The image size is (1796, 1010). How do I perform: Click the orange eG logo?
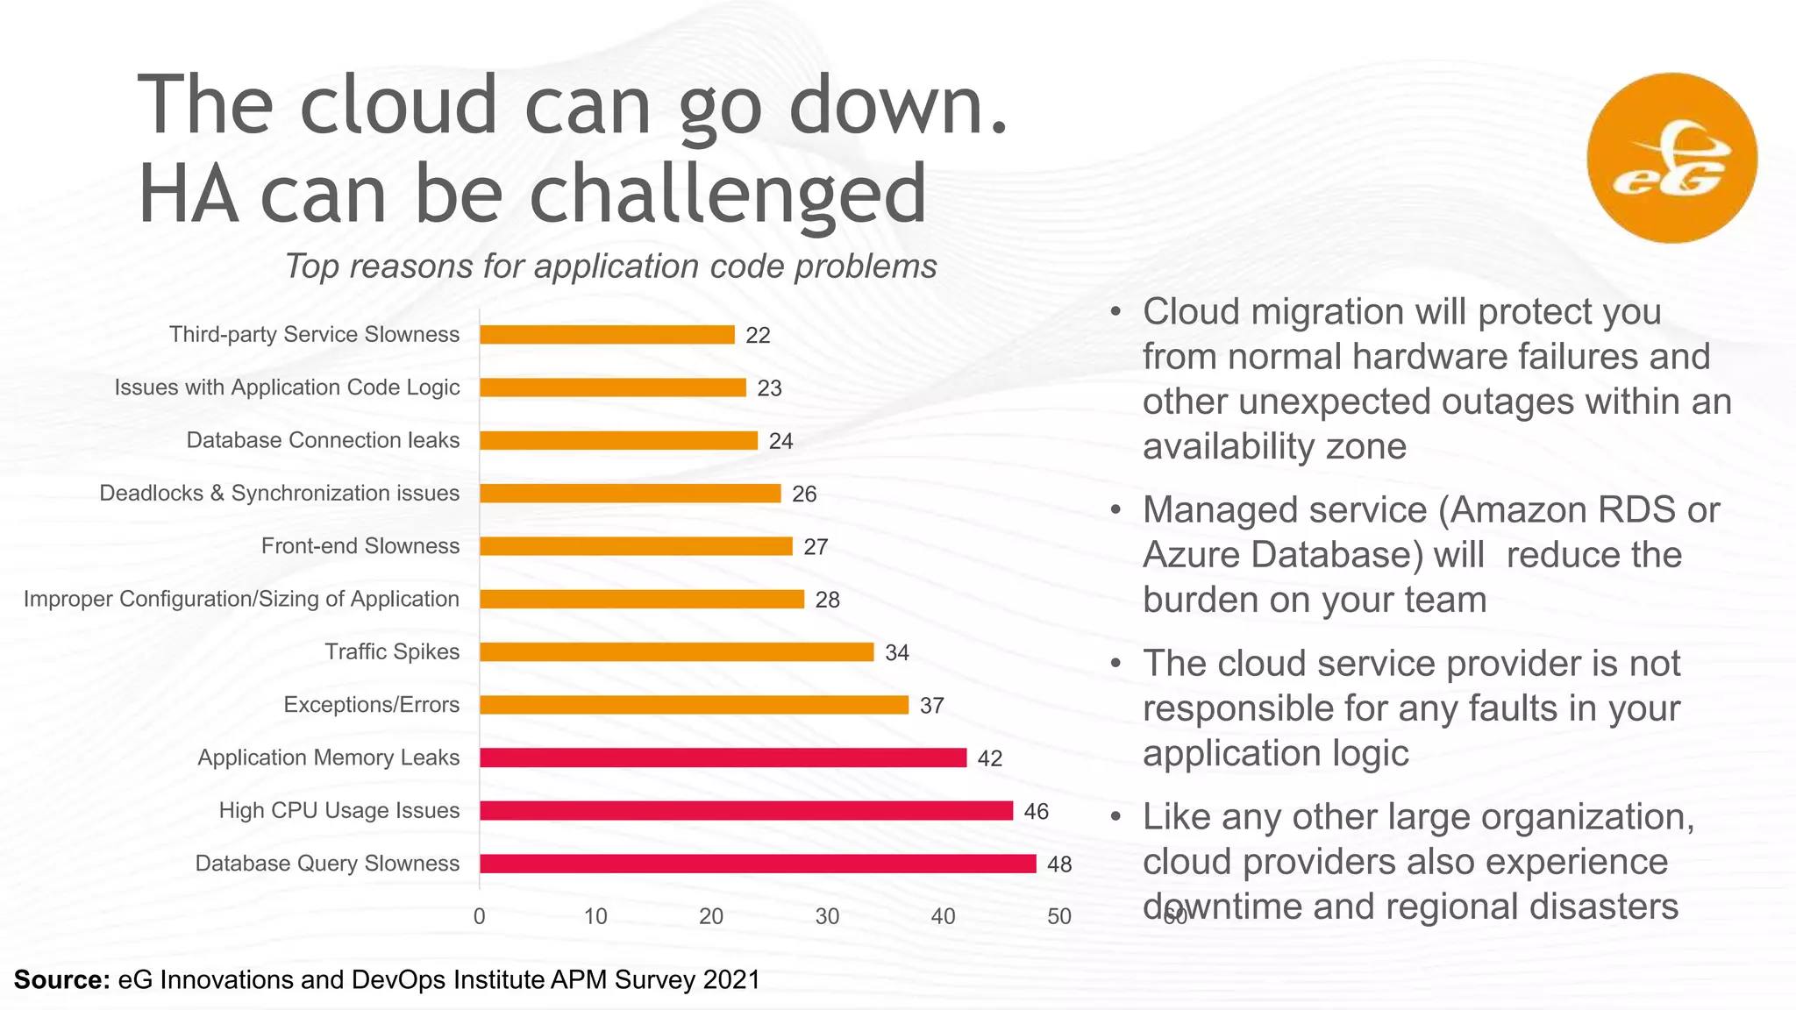click(1671, 158)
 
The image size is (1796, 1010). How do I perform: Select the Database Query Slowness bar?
click(758, 864)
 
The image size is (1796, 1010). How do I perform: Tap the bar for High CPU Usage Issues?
click(746, 811)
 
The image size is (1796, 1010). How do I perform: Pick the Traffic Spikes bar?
click(676, 652)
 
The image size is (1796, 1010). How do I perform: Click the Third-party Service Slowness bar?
click(607, 335)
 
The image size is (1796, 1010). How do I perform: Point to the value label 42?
click(990, 758)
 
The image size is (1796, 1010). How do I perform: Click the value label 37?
click(931, 706)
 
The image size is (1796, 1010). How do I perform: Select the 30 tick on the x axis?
click(827, 917)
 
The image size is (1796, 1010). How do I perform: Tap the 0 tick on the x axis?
click(480, 917)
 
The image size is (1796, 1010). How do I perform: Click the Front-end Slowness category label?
click(360, 546)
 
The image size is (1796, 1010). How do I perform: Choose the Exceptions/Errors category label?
click(371, 705)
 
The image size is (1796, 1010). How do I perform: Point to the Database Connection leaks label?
click(323, 440)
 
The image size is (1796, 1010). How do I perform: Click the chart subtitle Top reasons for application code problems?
click(610, 267)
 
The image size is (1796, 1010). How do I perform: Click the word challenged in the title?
click(728, 195)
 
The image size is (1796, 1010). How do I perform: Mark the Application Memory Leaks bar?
click(723, 758)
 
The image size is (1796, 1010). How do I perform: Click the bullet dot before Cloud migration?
click(1115, 313)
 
